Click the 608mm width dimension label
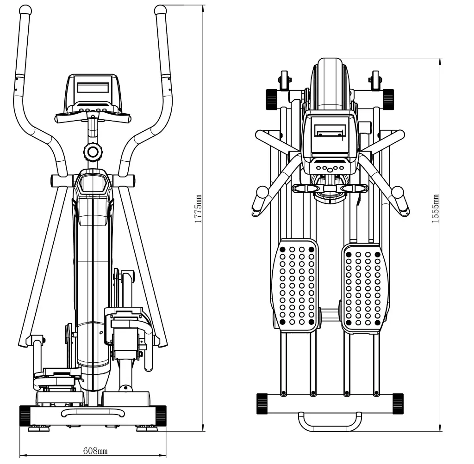pos(95,450)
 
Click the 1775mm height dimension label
pos(198,208)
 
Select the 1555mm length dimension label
pos(436,208)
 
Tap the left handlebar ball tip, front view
pos(25,10)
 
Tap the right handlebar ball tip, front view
pos(160,10)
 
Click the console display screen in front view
pos(93,87)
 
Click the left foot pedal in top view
pos(295,285)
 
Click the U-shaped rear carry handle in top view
pos(330,421)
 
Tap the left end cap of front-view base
pos(25,415)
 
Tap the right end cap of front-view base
pos(161,415)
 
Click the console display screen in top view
pos(329,132)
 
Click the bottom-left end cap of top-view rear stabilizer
pos(262,403)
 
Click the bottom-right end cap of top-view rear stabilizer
pos(398,403)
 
